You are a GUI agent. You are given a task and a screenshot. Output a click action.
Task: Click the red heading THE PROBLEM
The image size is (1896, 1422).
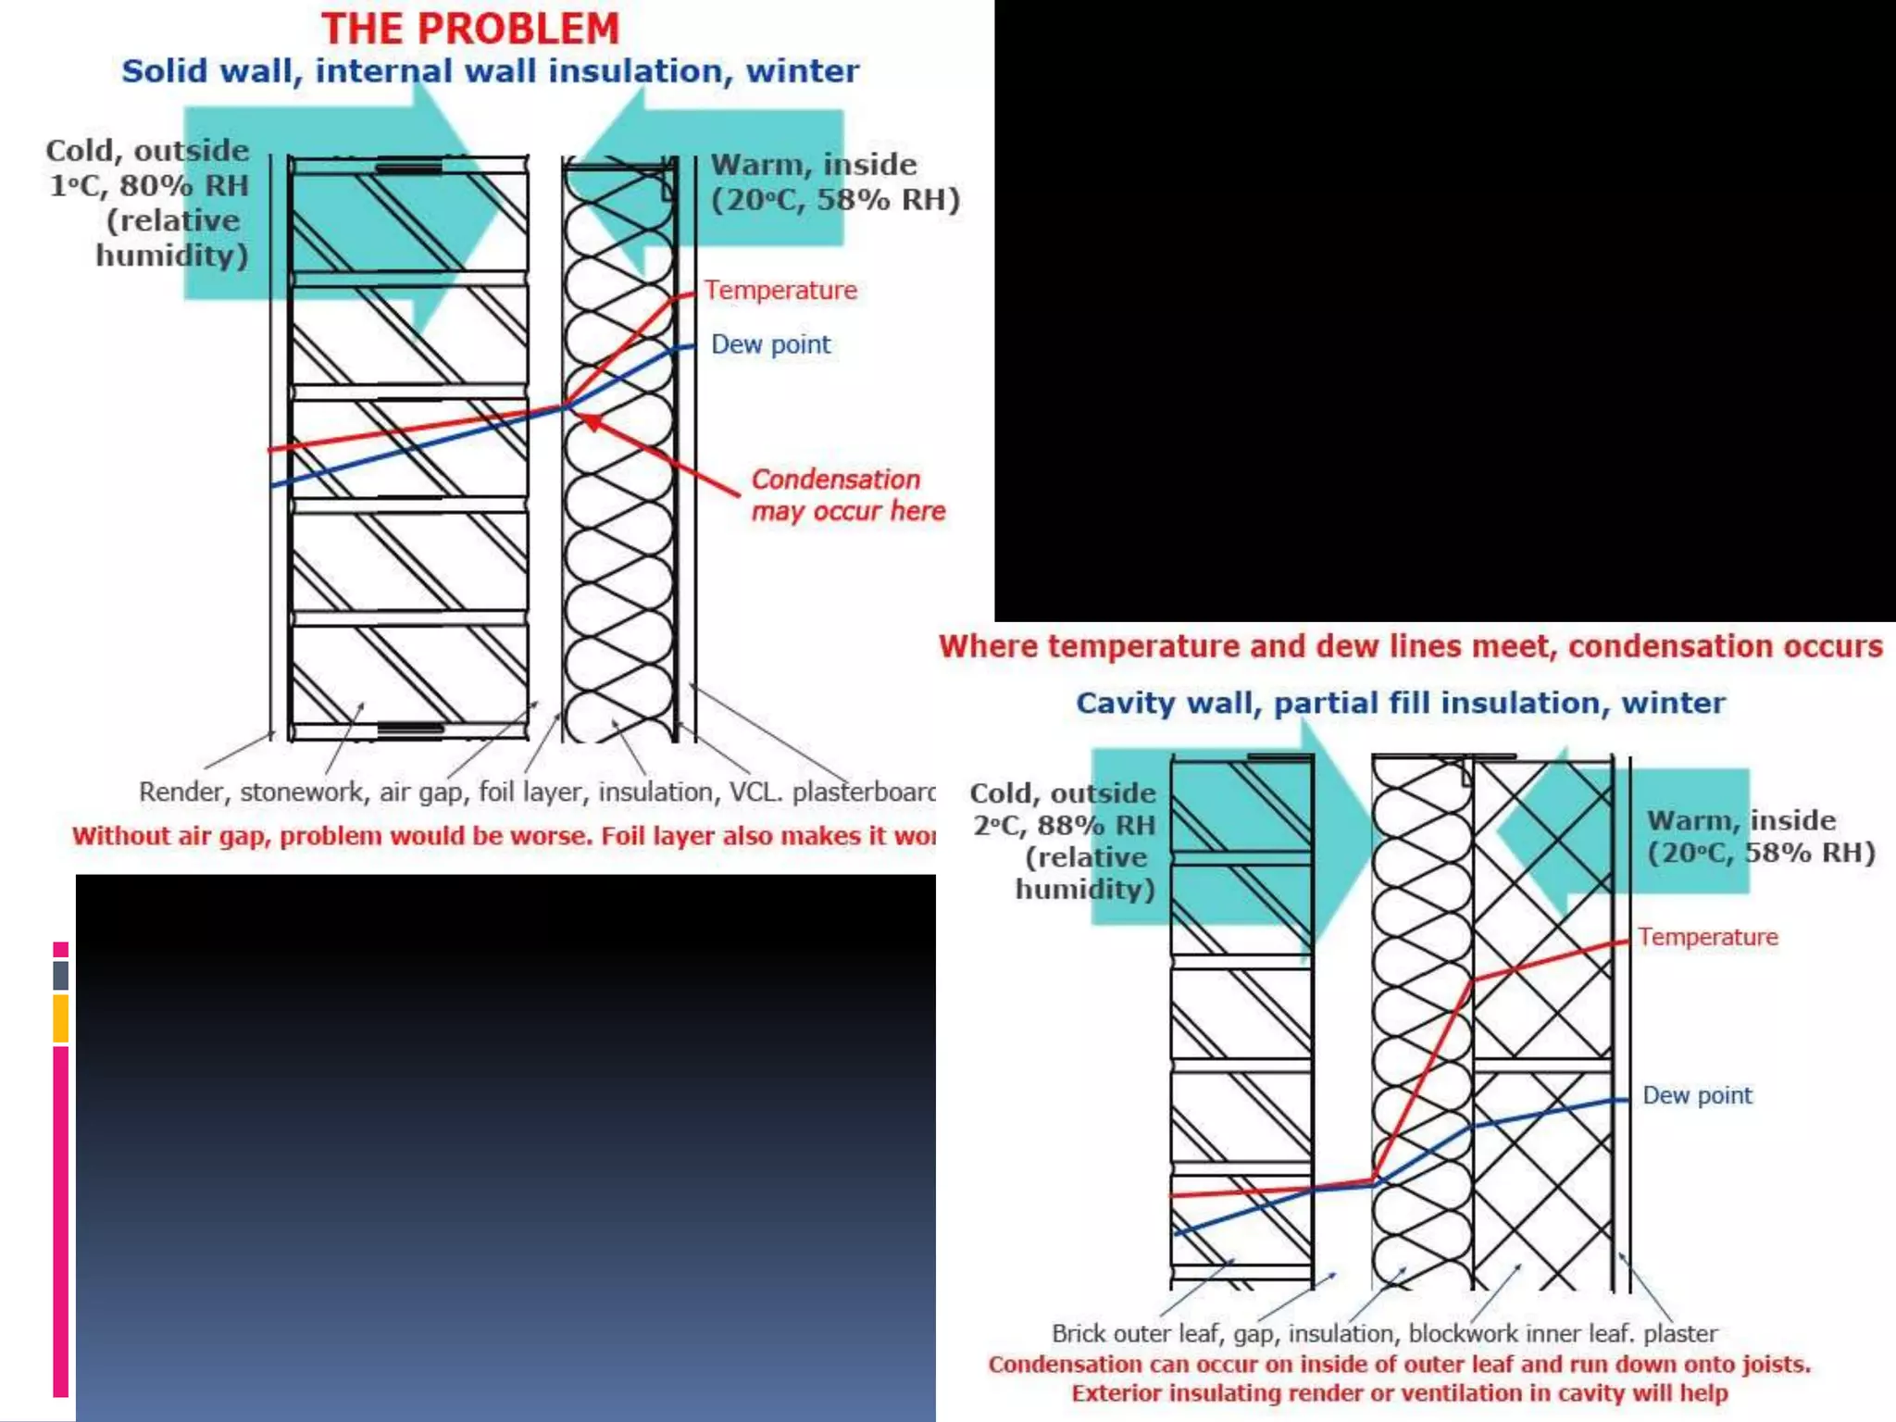pyautogui.click(x=470, y=29)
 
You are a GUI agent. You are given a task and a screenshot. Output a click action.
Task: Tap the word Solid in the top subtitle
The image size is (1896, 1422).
pyautogui.click(x=159, y=71)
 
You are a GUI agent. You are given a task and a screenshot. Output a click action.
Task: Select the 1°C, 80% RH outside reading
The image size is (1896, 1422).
pyautogui.click(x=148, y=185)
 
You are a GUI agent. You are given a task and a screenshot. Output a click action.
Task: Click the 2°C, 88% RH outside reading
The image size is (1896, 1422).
pyautogui.click(x=1064, y=825)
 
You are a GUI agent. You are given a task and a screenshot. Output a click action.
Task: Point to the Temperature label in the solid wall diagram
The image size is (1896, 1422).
pyautogui.click(x=780, y=291)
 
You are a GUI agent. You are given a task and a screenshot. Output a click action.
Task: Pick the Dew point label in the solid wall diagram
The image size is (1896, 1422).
pyautogui.click(x=770, y=344)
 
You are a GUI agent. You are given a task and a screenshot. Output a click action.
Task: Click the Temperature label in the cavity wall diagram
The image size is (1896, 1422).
pyautogui.click(x=1708, y=937)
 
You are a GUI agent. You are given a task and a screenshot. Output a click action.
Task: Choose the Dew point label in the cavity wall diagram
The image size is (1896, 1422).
pyautogui.click(x=1697, y=1095)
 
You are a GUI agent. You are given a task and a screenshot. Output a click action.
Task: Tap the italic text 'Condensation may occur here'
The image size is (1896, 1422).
pyautogui.click(x=847, y=495)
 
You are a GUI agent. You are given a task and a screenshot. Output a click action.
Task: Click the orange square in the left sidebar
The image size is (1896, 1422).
pyautogui.click(x=60, y=1018)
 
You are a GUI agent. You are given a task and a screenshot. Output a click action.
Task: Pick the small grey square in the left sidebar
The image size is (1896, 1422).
pyautogui.click(x=60, y=975)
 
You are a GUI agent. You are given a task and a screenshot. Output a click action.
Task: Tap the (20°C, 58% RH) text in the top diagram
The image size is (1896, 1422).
pyautogui.click(x=835, y=200)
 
